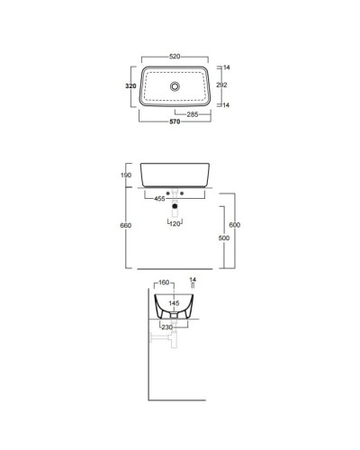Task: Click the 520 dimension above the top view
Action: click(175, 56)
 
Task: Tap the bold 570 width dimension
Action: click(175, 121)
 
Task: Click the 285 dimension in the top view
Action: click(193, 114)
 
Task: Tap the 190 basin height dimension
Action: click(126, 175)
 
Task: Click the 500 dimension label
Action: click(224, 238)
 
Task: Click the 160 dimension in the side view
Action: click(163, 282)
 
